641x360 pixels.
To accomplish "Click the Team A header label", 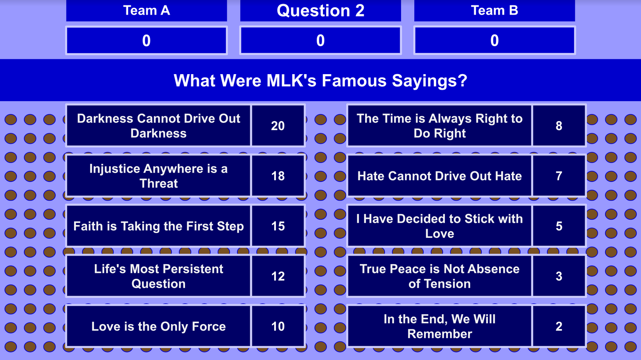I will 146,10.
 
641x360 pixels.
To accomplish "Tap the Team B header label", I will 494,10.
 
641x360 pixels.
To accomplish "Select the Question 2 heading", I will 320,10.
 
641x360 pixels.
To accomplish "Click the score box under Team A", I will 146,40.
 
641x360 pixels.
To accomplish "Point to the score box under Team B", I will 494,40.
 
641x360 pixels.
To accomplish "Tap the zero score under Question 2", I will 320,40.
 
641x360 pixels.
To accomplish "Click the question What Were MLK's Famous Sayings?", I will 320,80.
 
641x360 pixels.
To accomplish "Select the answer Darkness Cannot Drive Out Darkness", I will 158,126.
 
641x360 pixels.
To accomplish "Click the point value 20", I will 278,126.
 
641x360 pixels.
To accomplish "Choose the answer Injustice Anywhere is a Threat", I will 158,176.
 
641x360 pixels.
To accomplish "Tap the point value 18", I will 278,176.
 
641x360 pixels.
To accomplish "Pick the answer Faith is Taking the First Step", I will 158,226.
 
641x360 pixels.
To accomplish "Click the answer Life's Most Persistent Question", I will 158,276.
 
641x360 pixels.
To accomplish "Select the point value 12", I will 278,276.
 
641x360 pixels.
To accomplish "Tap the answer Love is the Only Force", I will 158,326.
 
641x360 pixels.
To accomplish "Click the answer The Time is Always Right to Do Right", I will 439,126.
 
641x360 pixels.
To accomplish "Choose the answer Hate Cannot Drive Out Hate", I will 439,176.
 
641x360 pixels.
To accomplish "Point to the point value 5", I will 559,226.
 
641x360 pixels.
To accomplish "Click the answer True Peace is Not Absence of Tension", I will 439,276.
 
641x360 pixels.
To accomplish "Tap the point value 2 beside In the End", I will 559,326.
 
